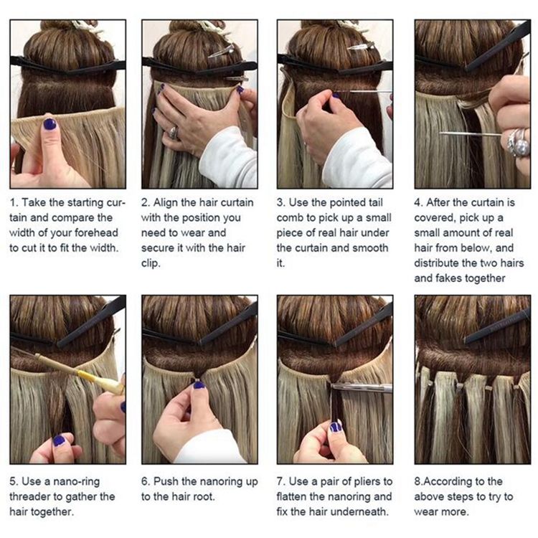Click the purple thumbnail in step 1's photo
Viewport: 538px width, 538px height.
point(49,124)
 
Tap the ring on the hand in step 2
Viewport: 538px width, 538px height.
point(173,133)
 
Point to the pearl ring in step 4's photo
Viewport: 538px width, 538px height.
point(519,143)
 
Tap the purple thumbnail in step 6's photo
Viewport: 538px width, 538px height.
point(199,385)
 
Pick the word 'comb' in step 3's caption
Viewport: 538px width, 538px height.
point(290,218)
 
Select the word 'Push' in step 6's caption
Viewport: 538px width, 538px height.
point(166,481)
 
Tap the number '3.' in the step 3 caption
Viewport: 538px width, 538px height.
point(281,202)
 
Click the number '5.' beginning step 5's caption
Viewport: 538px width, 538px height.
point(14,482)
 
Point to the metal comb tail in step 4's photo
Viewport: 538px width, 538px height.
point(470,134)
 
